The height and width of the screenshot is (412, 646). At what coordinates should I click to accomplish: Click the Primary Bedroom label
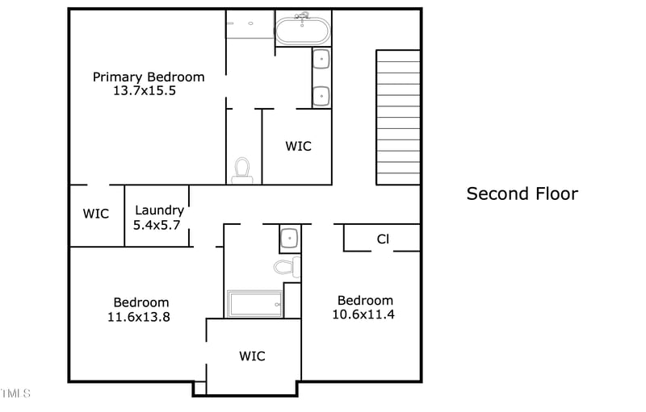click(x=149, y=77)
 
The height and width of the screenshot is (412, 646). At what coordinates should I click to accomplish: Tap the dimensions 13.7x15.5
click(x=145, y=91)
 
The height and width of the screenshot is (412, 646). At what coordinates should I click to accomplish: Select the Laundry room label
click(x=159, y=210)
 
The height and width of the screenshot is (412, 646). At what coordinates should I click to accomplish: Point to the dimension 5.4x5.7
click(x=157, y=225)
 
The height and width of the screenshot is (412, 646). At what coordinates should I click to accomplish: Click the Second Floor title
click(x=522, y=194)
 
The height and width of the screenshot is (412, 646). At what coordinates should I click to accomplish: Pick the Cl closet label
click(x=383, y=239)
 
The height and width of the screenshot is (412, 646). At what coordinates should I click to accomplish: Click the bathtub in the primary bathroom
click(x=303, y=31)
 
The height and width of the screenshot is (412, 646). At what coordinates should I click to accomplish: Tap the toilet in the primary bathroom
click(x=242, y=170)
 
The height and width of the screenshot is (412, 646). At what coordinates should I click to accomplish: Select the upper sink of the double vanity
click(x=321, y=59)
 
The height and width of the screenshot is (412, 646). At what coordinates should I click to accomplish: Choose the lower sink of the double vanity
click(x=321, y=95)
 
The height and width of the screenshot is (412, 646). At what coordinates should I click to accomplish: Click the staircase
click(x=398, y=118)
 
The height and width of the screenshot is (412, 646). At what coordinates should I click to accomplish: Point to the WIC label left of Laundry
click(x=96, y=214)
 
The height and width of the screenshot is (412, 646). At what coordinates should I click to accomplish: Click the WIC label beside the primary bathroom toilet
click(x=298, y=147)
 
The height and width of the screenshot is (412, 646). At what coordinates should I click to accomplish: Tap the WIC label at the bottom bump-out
click(x=252, y=356)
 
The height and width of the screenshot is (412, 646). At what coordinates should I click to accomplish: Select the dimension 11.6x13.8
click(x=139, y=317)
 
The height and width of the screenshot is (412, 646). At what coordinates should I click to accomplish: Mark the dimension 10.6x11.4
click(x=363, y=314)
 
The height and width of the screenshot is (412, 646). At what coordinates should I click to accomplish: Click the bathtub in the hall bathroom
click(x=254, y=304)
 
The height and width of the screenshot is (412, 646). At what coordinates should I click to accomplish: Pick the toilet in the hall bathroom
click(x=285, y=267)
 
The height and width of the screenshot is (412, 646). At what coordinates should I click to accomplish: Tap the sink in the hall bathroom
click(x=289, y=238)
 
